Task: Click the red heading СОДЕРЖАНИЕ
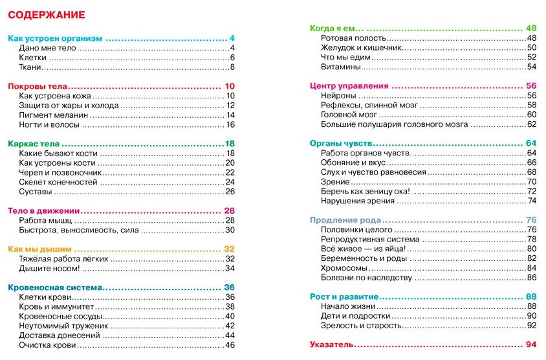click(x=45, y=15)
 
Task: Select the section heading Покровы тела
click(x=38, y=86)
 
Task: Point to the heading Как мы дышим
click(x=39, y=249)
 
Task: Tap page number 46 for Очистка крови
click(x=229, y=345)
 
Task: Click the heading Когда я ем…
click(x=337, y=28)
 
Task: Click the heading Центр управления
click(x=349, y=85)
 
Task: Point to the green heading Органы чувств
click(x=341, y=143)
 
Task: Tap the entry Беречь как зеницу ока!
click(x=365, y=191)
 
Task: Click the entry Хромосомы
click(x=344, y=268)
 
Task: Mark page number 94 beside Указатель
click(x=532, y=344)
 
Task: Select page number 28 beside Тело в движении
click(x=229, y=210)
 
